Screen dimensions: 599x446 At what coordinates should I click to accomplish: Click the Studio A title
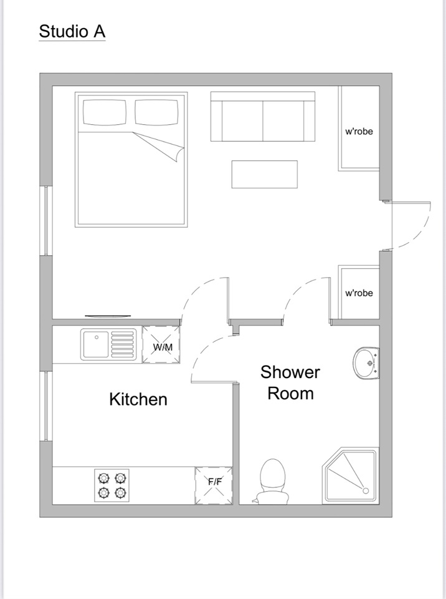72,31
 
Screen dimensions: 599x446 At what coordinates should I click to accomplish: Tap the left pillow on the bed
104,112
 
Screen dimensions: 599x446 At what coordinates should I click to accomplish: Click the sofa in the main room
262,117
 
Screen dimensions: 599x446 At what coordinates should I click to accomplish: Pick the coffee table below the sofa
264,174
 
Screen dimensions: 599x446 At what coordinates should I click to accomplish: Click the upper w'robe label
359,132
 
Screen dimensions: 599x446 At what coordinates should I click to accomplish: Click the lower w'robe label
359,293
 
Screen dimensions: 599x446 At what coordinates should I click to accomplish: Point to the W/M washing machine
162,344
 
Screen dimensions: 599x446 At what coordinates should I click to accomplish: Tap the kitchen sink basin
95,344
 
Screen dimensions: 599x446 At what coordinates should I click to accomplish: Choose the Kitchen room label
138,399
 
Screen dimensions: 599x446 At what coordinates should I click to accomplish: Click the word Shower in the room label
290,373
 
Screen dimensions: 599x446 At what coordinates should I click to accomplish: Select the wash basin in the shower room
366,361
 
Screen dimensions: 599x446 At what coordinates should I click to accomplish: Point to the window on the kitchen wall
44,406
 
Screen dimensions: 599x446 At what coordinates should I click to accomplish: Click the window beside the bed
44,220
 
